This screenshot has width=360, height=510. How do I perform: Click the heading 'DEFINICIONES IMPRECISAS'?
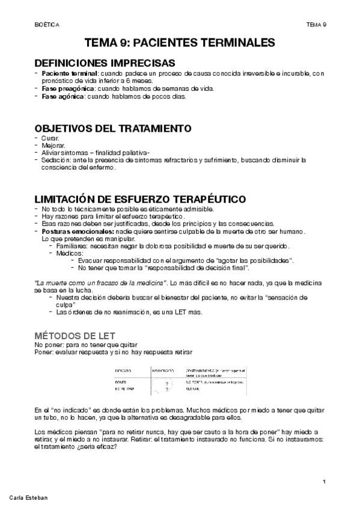(x=105, y=63)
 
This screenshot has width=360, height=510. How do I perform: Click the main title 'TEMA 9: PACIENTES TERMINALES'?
(x=180, y=43)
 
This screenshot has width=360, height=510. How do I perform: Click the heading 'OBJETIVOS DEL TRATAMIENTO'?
(x=114, y=129)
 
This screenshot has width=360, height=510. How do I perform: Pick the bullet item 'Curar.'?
(x=50, y=138)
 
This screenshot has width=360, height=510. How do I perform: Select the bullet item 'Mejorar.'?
(x=53, y=146)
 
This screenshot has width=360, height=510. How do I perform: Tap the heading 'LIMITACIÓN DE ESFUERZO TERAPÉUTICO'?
(x=140, y=200)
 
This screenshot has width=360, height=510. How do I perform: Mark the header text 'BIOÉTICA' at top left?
(x=47, y=25)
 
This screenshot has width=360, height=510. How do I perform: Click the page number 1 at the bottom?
(x=324, y=482)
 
